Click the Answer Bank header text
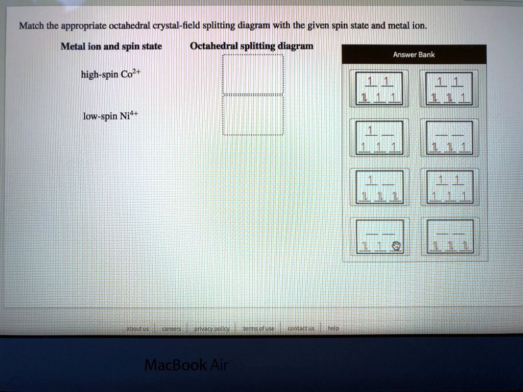pyautogui.click(x=414, y=55)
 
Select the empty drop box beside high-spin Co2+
pyautogui.click(x=253, y=75)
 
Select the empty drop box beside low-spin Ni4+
pyautogui.click(x=253, y=115)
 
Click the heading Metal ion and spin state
pyautogui.click(x=111, y=46)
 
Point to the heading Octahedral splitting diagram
pyautogui.click(x=252, y=46)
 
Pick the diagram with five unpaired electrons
pyautogui.click(x=449, y=187)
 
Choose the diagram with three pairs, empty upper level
pyautogui.click(x=449, y=236)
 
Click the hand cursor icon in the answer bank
pyautogui.click(x=396, y=246)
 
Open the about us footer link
pyautogui.click(x=137, y=329)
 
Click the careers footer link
pyautogui.click(x=171, y=329)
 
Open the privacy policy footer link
pyautogui.click(x=211, y=329)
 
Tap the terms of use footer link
pyautogui.click(x=258, y=329)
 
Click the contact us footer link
pyautogui.click(x=301, y=329)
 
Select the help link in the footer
pyautogui.click(x=333, y=329)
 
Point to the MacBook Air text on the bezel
pyautogui.click(x=186, y=365)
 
